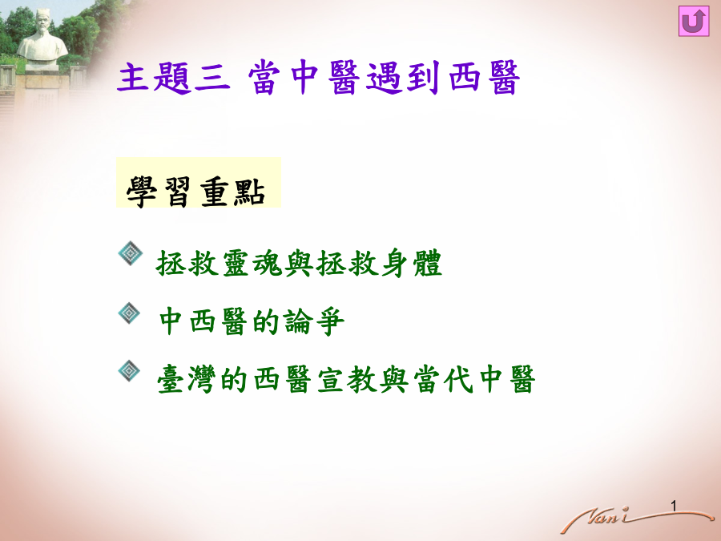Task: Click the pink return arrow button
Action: click(x=694, y=21)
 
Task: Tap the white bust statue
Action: click(x=42, y=39)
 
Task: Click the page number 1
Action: click(x=674, y=506)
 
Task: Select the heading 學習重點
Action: click(x=196, y=192)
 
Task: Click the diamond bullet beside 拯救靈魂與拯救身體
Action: click(x=131, y=253)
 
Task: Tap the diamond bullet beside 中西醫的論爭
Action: click(x=129, y=313)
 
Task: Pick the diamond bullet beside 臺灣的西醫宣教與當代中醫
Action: click(x=129, y=371)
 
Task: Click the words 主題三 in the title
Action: click(x=173, y=77)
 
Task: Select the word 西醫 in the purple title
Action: click(x=484, y=77)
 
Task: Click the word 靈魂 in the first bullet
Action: click(x=252, y=264)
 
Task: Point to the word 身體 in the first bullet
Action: click(x=411, y=264)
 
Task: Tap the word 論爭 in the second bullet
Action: click(x=314, y=321)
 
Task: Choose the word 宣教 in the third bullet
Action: click(x=347, y=380)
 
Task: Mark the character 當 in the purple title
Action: click(x=264, y=77)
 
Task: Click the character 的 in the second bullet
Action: click(x=267, y=321)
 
